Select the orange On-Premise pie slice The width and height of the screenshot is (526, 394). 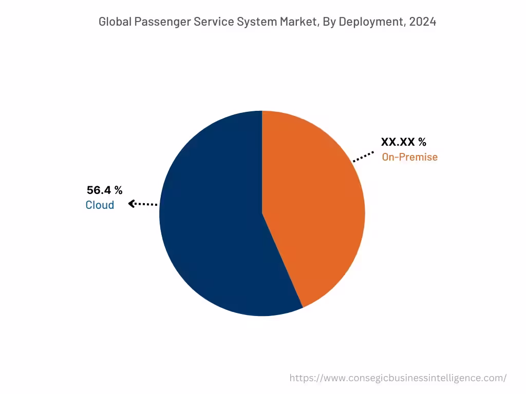click(313, 205)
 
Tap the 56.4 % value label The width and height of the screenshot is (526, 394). click(104, 190)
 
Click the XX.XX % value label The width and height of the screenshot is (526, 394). click(403, 142)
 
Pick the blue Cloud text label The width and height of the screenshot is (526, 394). click(100, 205)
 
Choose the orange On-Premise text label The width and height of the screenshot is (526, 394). click(409, 157)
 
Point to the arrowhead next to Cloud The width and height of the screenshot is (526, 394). click(132, 204)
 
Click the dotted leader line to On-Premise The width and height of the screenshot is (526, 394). click(364, 156)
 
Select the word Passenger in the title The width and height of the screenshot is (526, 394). click(160, 22)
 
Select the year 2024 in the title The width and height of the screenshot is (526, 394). click(423, 22)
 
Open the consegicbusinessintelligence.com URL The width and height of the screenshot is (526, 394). click(398, 378)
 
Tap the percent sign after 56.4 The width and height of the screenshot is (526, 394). click(118, 190)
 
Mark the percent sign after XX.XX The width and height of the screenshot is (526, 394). click(422, 142)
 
